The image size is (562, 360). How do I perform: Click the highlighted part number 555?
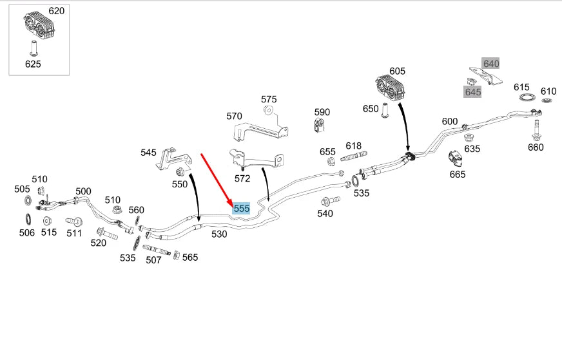[x=242, y=208]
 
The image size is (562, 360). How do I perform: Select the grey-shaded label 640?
[x=491, y=63]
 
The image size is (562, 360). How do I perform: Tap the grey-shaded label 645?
[x=473, y=92]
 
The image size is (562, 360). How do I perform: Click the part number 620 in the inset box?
[x=57, y=11]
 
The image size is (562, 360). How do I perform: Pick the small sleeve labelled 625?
[x=33, y=48]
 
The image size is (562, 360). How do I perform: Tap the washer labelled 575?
[x=269, y=111]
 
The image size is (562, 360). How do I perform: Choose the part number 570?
[x=234, y=116]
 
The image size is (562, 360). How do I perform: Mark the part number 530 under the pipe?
[x=219, y=234]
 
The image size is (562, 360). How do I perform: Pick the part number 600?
[x=450, y=121]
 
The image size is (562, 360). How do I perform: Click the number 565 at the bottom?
[x=190, y=257]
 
